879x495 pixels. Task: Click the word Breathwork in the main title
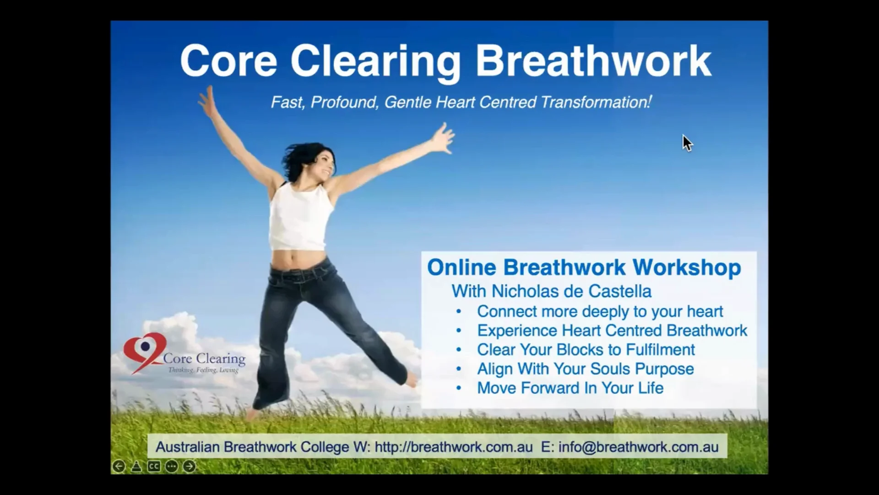(x=593, y=61)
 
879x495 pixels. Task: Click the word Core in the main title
(x=228, y=61)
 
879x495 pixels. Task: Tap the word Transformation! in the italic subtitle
(x=596, y=102)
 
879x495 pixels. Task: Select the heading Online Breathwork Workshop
(x=584, y=268)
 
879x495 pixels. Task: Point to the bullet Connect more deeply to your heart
(x=600, y=311)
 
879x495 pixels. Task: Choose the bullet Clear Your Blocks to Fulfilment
(x=586, y=350)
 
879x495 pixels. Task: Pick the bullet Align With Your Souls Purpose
(x=585, y=369)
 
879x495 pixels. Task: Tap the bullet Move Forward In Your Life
(x=570, y=388)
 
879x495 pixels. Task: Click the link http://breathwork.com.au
(x=453, y=447)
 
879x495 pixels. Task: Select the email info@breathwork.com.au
(x=638, y=447)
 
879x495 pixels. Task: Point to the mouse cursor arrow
(x=687, y=143)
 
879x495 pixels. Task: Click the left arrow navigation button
(x=119, y=467)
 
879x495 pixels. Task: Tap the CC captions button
(x=154, y=467)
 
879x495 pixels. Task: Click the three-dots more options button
(x=172, y=467)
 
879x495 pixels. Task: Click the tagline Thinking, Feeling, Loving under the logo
(x=203, y=370)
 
